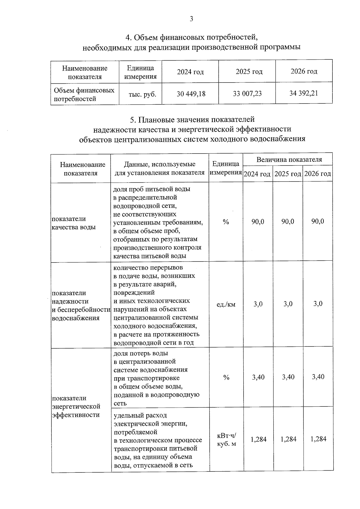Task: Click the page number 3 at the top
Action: coord(191,19)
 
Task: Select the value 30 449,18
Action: coord(191,94)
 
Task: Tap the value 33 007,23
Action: coord(247,94)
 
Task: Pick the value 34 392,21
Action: coord(304,93)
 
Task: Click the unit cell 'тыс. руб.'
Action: coord(142,94)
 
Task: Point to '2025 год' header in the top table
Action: coord(249,72)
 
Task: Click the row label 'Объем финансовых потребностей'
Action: coord(84,94)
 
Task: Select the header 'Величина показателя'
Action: coord(289,160)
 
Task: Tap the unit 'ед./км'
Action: coord(226,304)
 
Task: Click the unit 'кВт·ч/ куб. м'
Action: coord(226,439)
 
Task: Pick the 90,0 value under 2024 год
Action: coord(258,222)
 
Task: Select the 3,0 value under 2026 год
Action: coord(318,304)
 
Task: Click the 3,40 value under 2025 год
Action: coord(288,377)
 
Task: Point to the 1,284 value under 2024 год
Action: coord(259,439)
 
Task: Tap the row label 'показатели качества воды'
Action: coord(73,223)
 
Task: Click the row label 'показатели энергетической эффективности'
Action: coord(76,406)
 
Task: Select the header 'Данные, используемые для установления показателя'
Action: coord(160,168)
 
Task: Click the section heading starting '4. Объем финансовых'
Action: coord(191,42)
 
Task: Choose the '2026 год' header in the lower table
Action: coord(318,174)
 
